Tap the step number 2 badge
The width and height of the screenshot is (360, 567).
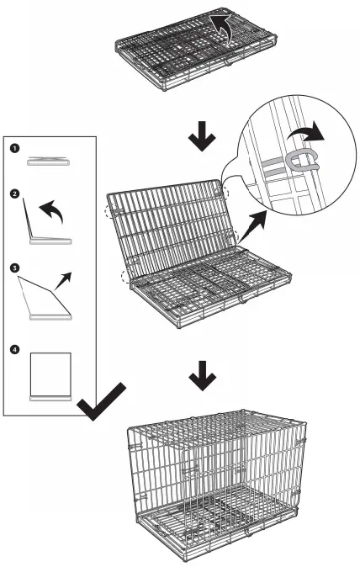tap(14, 193)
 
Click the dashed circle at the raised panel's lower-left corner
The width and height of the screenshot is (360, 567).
tap(126, 277)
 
